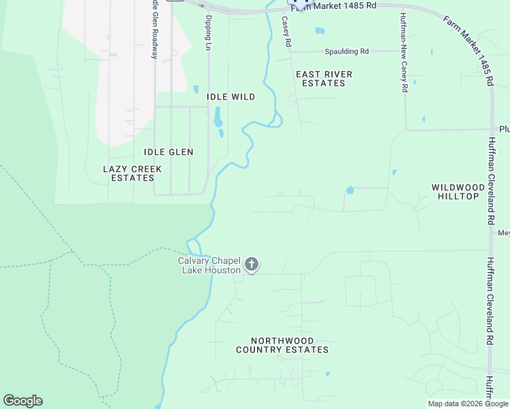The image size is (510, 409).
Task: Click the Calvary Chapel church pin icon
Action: coord(252,264)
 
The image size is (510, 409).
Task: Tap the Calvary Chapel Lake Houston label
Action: coord(209,265)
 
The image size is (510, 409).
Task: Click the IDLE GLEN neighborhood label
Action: coord(168,152)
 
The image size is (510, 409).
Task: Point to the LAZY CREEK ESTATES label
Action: coord(132,173)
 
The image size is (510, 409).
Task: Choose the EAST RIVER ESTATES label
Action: coord(324,78)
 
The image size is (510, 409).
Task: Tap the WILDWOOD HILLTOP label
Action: coord(455,191)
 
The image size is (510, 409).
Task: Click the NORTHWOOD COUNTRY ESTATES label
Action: coord(282,345)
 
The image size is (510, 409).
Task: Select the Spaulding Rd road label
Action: coord(346,51)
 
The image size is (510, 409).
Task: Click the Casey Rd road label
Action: coord(288,32)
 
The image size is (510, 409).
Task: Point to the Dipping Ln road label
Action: coord(209,33)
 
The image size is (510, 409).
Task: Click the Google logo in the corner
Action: coord(22,401)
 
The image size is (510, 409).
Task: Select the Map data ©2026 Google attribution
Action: coord(468,404)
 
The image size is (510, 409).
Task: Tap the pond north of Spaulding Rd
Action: coord(320,31)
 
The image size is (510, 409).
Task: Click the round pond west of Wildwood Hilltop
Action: coord(350,190)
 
